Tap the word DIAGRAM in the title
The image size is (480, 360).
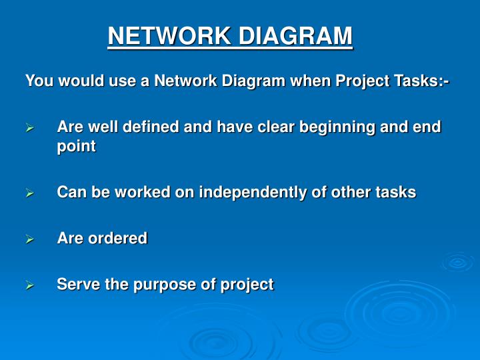pyautogui.click(x=296, y=35)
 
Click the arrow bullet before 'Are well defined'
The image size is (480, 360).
pyautogui.click(x=29, y=127)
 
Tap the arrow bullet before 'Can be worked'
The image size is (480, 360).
pyautogui.click(x=29, y=193)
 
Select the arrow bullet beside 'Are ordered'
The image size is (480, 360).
pyautogui.click(x=29, y=239)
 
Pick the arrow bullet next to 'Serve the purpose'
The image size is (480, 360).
pyautogui.click(x=29, y=285)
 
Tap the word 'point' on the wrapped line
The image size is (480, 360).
pyautogui.click(x=76, y=147)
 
